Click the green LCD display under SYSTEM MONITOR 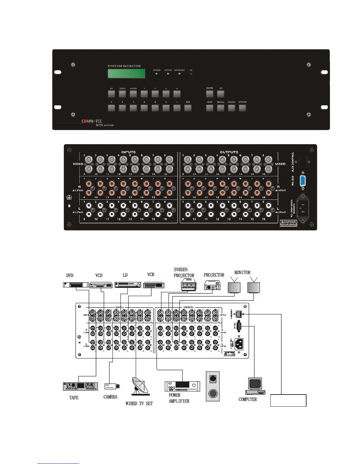point(126,74)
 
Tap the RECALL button point(221,108)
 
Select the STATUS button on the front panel point(242,108)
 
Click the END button point(188,108)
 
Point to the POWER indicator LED point(156,74)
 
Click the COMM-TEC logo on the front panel point(92,121)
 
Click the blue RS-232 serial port point(303,181)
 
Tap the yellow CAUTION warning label point(288,223)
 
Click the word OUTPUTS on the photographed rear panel point(229,152)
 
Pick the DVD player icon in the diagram point(76,285)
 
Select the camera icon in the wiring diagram point(112,386)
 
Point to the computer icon point(255,386)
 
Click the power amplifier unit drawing point(182,386)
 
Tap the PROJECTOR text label point(214,275)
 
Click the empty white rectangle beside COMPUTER point(288,400)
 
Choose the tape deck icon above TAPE point(80,386)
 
